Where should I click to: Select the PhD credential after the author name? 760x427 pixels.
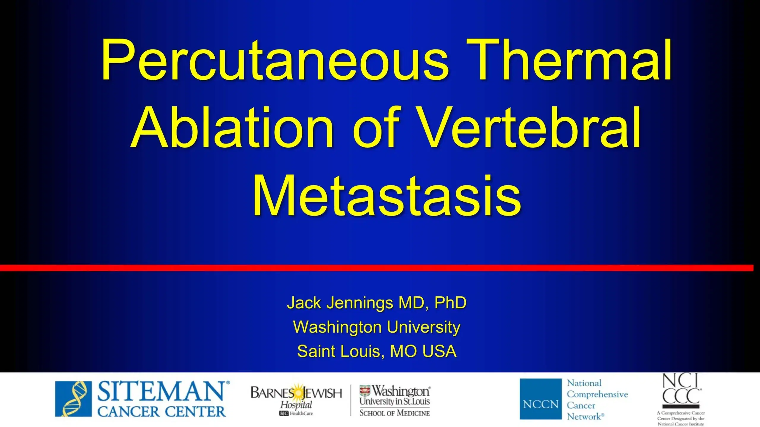(450, 302)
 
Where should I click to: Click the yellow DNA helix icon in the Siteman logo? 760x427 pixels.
(73, 399)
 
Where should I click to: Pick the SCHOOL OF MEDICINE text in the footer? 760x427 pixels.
(395, 413)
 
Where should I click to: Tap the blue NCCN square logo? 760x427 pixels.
(541, 399)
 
